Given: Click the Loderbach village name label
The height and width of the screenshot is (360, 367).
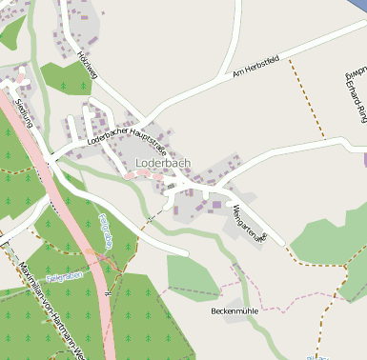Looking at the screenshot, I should click(163, 163).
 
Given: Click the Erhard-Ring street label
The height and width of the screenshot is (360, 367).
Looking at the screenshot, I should click(354, 91).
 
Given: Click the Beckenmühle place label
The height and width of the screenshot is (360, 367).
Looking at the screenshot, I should click(234, 310).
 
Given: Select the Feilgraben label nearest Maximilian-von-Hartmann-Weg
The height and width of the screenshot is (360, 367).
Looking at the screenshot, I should click(64, 276).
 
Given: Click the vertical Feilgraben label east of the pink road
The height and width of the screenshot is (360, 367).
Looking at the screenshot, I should click(107, 230).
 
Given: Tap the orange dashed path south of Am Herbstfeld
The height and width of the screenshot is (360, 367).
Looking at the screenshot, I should click(305, 105).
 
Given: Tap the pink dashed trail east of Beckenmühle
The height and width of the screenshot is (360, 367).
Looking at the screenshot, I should click(305, 308).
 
